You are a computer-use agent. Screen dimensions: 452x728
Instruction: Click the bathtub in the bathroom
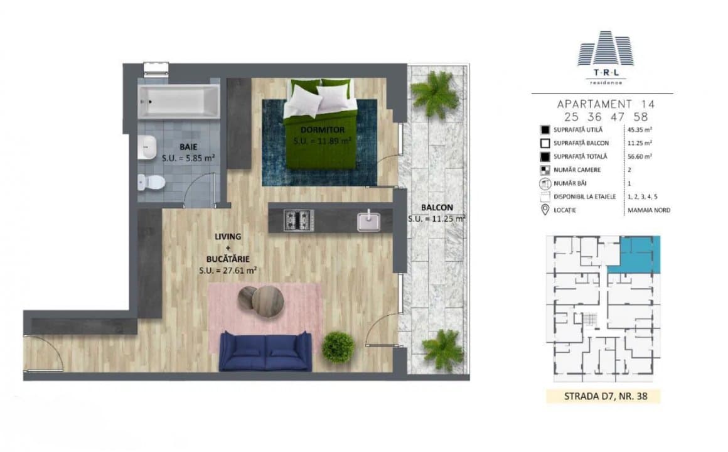[x=179, y=101]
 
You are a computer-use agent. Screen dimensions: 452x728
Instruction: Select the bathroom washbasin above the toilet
[x=148, y=146]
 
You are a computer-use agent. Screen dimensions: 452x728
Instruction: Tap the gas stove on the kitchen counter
[x=299, y=220]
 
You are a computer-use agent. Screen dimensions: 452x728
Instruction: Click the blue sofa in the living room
[x=265, y=351]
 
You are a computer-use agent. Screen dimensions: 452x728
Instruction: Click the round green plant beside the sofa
[x=338, y=347]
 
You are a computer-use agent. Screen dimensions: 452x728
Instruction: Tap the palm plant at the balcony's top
[x=435, y=93]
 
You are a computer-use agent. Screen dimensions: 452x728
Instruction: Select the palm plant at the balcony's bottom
[x=442, y=350]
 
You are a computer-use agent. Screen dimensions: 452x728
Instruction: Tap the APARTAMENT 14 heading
[x=601, y=104]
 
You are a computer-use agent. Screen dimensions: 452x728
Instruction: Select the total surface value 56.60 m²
[x=640, y=156]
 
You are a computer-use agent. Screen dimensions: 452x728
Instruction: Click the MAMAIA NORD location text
[x=648, y=210]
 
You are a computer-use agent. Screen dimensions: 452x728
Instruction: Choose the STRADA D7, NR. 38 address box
[x=602, y=396]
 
